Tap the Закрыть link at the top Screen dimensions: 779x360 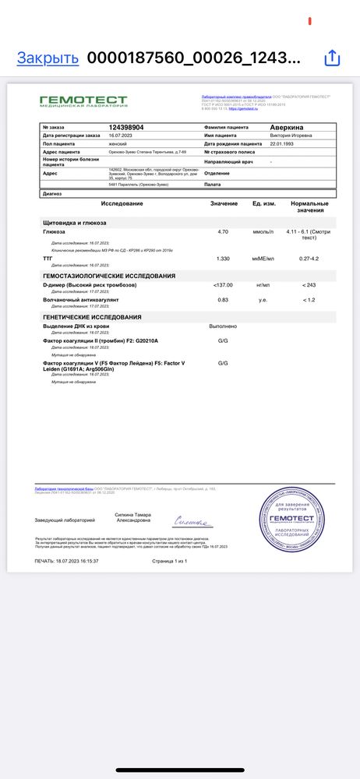[x=48, y=58]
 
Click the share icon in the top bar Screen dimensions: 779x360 [x=332, y=58]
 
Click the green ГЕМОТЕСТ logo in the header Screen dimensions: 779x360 [x=83, y=101]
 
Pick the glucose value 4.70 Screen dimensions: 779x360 [x=223, y=231]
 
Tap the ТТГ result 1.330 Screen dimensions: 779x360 [x=223, y=258]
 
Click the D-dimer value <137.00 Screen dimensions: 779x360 [x=223, y=285]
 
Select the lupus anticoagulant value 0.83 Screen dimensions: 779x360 [x=223, y=299]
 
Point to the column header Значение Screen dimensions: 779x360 [x=224, y=203]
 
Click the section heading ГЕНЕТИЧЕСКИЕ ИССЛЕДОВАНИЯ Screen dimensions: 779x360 [x=92, y=317]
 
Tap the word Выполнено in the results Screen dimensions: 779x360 [x=223, y=326]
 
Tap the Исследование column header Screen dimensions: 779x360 [x=122, y=203]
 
